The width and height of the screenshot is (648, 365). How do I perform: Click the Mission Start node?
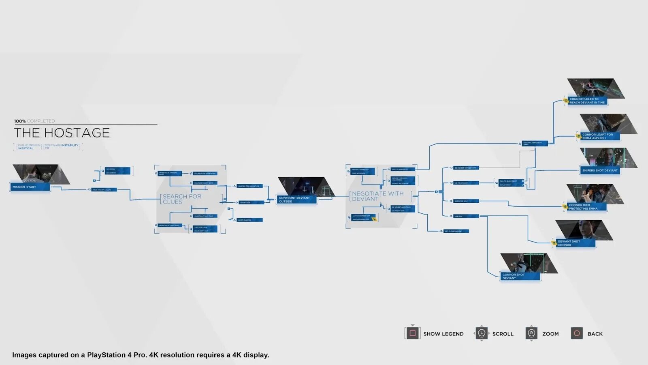coord(30,187)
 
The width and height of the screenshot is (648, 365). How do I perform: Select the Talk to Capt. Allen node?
coord(104,189)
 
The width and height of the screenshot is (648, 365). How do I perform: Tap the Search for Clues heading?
coord(182,199)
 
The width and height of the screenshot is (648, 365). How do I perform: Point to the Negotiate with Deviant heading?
coord(377,196)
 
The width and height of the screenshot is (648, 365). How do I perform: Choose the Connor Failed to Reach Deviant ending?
coord(587,101)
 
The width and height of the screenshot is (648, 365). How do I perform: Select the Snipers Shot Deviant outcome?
coord(600,170)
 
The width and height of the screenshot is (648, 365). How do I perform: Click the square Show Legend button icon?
coord(412,333)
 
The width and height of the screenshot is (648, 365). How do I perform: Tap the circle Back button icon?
coord(577,333)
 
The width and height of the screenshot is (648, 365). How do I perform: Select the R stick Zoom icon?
coord(531,333)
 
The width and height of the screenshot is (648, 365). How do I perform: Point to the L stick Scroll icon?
coord(481,333)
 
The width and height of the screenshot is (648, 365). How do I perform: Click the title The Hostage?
coord(62,133)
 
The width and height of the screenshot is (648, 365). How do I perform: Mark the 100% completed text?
coord(34,121)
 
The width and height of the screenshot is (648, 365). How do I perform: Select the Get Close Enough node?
coord(456,231)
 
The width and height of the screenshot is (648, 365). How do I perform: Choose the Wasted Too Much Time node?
coord(249,186)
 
